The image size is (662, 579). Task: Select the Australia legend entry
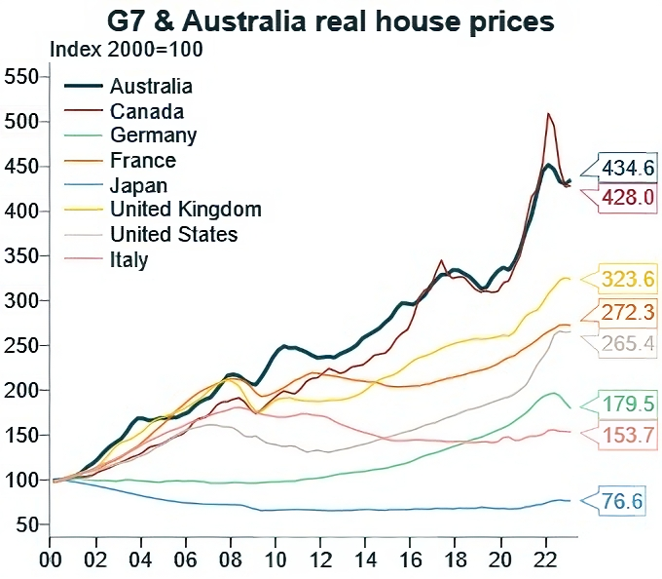coord(151,87)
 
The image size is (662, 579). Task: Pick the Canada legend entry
coord(147,111)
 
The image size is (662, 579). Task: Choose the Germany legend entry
coord(153,135)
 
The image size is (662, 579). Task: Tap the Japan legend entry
coord(138,185)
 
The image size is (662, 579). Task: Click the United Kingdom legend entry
coord(185,210)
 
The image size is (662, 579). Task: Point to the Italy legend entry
coord(129,259)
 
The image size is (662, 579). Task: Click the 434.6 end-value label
coord(627,167)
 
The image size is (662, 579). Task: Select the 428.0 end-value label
coord(627,197)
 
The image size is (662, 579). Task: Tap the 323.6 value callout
coord(627,280)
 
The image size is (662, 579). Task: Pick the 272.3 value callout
coord(627,312)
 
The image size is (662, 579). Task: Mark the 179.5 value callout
coord(627,404)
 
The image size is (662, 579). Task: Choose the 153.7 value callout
coord(627,436)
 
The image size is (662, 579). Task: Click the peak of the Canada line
coord(549,114)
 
